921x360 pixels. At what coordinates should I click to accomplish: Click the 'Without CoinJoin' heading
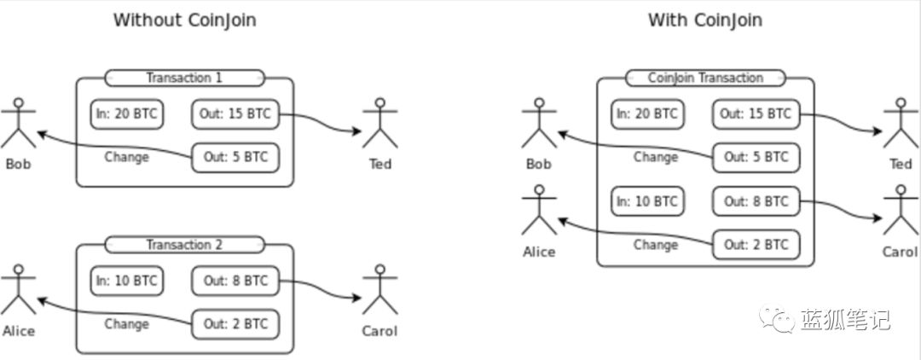(x=184, y=20)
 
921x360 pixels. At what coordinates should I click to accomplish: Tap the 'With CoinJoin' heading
(x=705, y=20)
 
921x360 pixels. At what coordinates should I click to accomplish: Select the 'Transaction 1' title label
(x=184, y=78)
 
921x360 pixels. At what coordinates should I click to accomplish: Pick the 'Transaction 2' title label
(x=184, y=244)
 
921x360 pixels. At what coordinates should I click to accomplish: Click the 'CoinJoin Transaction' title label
(x=705, y=78)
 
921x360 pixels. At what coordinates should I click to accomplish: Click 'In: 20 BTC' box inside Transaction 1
(x=127, y=114)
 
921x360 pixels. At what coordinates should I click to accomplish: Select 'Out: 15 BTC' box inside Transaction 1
(x=235, y=114)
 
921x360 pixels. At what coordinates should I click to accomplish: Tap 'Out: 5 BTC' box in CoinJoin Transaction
(x=756, y=157)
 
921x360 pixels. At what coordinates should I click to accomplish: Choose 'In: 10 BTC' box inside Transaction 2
(x=127, y=281)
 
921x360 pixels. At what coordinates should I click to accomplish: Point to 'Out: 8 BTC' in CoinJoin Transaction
(x=756, y=201)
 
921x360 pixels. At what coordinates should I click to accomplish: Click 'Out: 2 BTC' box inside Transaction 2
(x=235, y=324)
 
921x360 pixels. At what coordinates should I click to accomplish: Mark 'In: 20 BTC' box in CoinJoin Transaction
(x=647, y=114)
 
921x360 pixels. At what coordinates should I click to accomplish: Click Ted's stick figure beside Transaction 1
(x=380, y=123)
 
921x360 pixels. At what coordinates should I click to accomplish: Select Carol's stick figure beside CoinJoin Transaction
(x=901, y=210)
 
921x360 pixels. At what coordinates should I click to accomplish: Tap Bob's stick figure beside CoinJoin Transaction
(x=539, y=123)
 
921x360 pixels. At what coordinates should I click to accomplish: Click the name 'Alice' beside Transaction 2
(x=18, y=331)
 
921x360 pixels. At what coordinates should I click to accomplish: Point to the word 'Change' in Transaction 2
(x=126, y=323)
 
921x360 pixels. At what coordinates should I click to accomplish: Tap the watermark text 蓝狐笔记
(x=845, y=320)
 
